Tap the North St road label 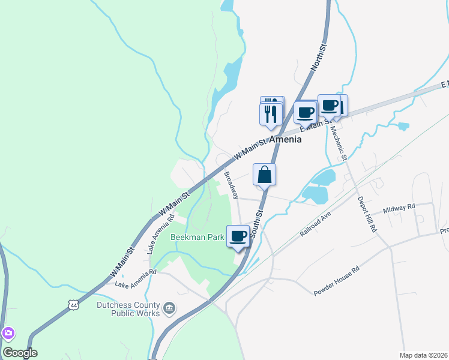coord(319,58)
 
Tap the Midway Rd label coord(399,208)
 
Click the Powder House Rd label coord(336,282)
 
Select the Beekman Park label coord(197,237)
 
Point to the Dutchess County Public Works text coord(128,308)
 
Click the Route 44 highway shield coord(73,305)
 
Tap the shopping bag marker coord(264,175)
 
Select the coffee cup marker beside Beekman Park coord(238,236)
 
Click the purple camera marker coord(8,333)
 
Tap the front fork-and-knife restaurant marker coord(271,112)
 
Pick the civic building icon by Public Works coord(169,309)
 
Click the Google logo coord(19,353)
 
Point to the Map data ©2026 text coord(423,355)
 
